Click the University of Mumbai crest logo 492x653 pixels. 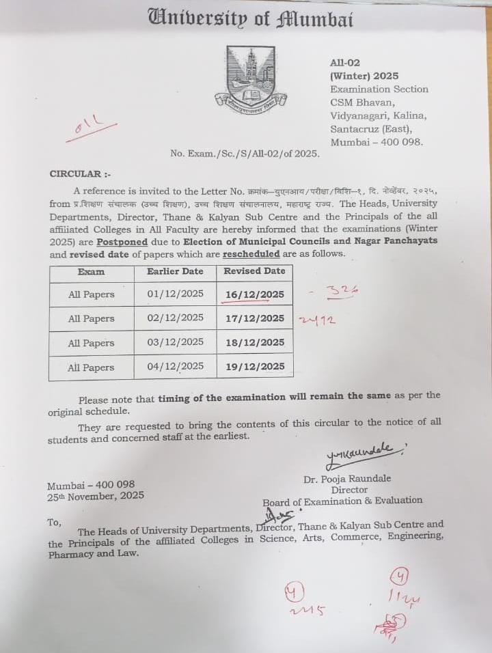tap(251, 79)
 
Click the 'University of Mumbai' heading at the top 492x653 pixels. tap(251, 18)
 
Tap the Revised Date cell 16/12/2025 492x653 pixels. tap(254, 294)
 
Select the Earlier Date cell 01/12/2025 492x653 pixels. tap(175, 294)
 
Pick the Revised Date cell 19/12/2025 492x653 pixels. tap(254, 366)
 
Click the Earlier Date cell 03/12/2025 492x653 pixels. tap(175, 342)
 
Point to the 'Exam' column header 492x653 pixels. tap(91, 272)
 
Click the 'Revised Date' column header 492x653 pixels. tap(254, 271)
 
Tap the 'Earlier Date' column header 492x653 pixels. tap(175, 271)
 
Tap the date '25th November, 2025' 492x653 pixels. tap(96, 497)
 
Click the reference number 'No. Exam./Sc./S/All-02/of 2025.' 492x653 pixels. tap(245, 154)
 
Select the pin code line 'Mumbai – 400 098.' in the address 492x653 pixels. tap(377, 142)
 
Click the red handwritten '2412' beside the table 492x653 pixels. tap(318, 319)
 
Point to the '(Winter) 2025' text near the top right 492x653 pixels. tap(364, 76)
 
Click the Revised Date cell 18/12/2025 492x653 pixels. tap(254, 342)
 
